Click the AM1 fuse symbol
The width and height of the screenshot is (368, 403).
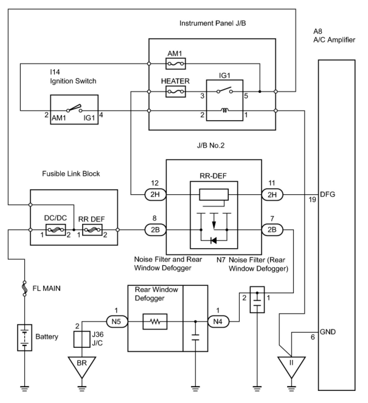pos(175,64)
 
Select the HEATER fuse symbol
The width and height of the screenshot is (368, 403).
pos(175,91)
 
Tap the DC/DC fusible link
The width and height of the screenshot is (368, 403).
pos(55,230)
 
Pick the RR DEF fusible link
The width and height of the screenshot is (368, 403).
pos(92,230)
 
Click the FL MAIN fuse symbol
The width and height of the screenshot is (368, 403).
pos(24,288)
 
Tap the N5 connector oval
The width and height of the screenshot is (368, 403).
pos(116,321)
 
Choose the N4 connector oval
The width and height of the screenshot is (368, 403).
pos(218,321)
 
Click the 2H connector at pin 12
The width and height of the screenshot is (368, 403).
pos(155,194)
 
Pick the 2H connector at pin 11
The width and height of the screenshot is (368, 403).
pos(272,194)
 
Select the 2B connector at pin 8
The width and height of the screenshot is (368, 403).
pos(155,230)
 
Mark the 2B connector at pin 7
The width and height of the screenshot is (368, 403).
pos(272,230)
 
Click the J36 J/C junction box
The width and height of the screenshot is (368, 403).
pos(82,339)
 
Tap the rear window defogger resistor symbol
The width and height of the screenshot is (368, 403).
pos(155,321)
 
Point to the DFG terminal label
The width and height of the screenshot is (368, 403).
pos(328,194)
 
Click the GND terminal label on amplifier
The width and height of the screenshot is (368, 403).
pos(328,332)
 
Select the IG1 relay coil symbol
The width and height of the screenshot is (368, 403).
pos(225,111)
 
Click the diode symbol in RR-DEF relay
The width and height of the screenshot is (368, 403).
pos(214,241)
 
